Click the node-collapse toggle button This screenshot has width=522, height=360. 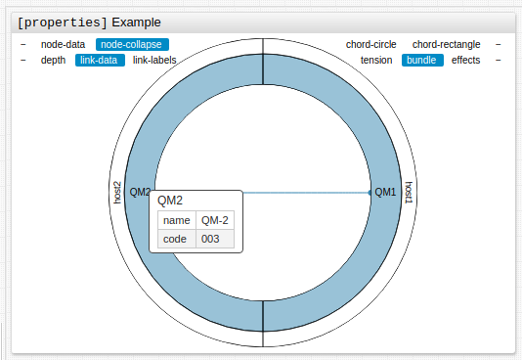(x=132, y=44)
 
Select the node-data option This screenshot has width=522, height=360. (x=63, y=44)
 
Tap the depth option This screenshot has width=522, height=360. (x=54, y=60)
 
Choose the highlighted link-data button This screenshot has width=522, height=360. (x=100, y=60)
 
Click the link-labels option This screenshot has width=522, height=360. (x=154, y=60)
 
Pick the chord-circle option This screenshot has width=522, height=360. (x=371, y=44)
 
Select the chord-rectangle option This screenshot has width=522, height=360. (x=447, y=44)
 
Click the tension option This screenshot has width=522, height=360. (x=376, y=60)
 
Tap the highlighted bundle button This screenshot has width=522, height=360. (x=422, y=60)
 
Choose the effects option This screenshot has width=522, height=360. (x=465, y=60)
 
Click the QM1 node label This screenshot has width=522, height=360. (x=385, y=192)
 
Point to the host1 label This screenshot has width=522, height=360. (x=409, y=192)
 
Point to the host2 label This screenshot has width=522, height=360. (x=117, y=192)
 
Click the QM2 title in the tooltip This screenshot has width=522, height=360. (x=170, y=200)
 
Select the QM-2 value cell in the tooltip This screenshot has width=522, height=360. (x=215, y=220)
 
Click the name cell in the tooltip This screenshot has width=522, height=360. (x=176, y=220)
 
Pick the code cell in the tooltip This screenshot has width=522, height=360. (x=175, y=239)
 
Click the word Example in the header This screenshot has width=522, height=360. (x=137, y=22)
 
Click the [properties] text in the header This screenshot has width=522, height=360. (x=63, y=22)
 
